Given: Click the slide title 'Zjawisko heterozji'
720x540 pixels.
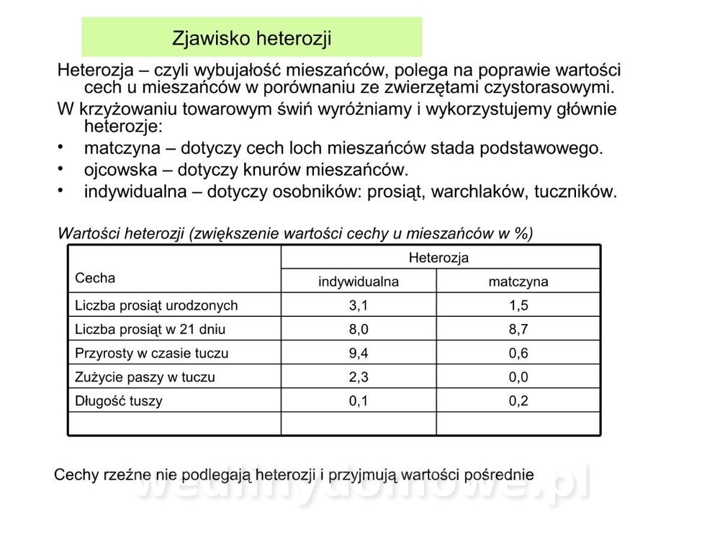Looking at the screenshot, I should (x=251, y=37).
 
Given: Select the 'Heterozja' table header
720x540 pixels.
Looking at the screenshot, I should (x=438, y=257).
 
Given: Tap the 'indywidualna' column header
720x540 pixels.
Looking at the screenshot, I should (x=359, y=282).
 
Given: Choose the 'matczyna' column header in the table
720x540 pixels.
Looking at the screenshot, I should (x=518, y=282).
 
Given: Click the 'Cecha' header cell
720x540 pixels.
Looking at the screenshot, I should (x=95, y=278).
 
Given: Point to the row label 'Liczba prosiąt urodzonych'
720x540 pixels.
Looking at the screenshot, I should (x=156, y=305).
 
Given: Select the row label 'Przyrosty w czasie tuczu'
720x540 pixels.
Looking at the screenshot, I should (x=151, y=354).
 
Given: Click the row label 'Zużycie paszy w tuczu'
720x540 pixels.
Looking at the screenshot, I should (x=145, y=377).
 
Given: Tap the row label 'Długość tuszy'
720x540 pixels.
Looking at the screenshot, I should (x=119, y=401).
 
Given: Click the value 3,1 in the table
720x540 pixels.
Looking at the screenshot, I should (x=359, y=305).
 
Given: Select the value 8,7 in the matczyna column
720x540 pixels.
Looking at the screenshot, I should (x=518, y=330).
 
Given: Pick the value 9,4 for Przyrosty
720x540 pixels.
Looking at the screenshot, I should (x=359, y=354).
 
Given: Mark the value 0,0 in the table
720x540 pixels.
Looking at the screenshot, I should (x=518, y=377).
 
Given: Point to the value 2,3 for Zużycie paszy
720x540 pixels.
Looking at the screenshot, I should (x=359, y=377).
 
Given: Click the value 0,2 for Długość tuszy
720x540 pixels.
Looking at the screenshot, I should (x=518, y=401).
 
